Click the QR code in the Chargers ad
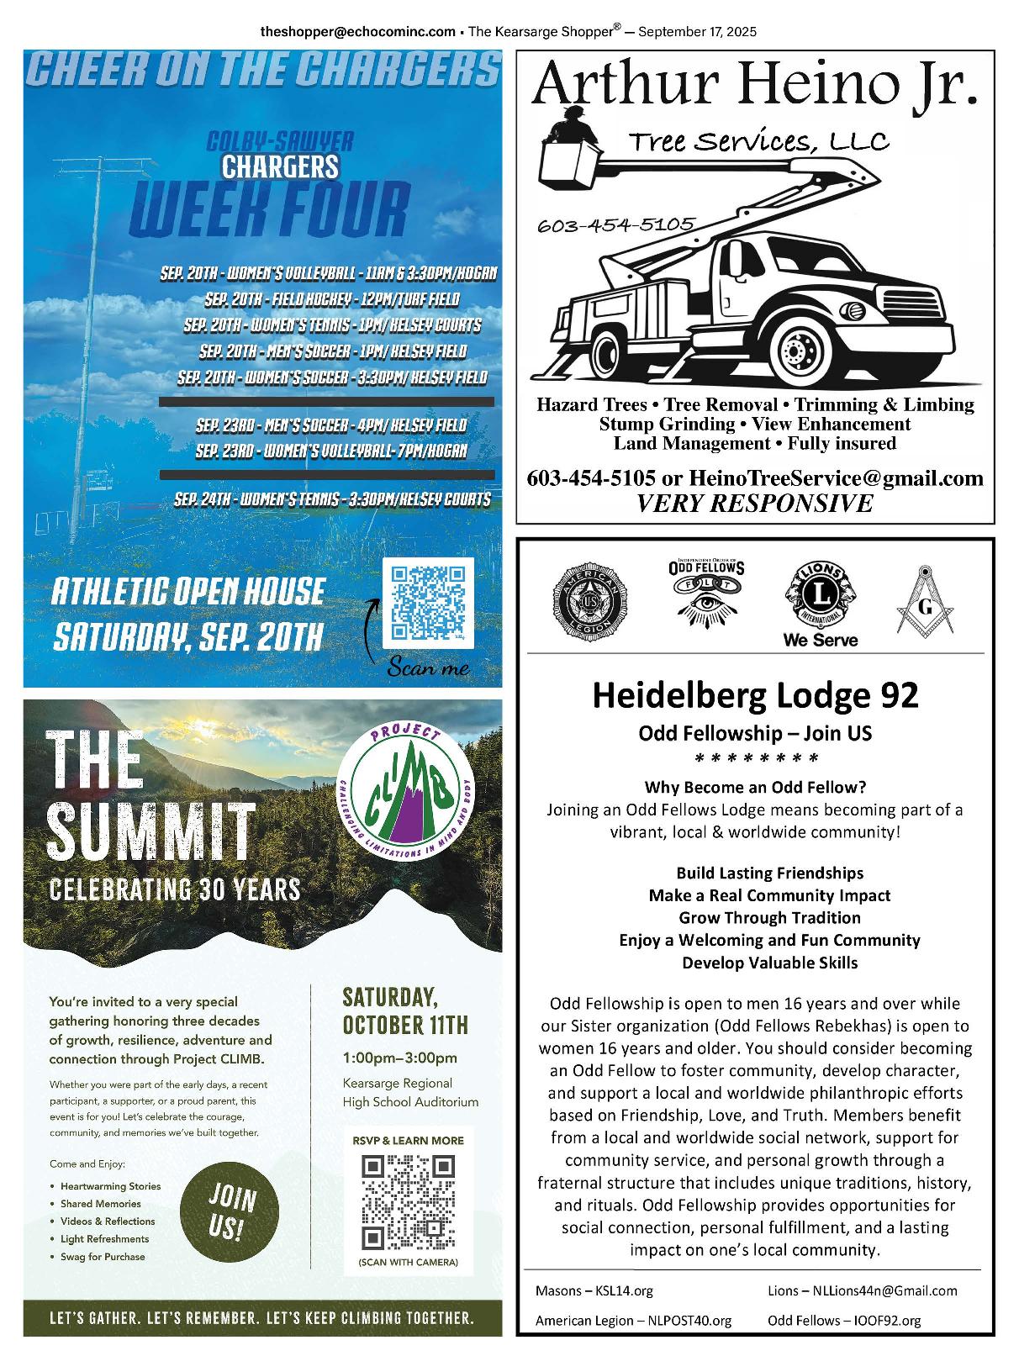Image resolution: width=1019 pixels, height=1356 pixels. coord(428,602)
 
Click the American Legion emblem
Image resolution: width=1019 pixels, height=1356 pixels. coord(589,602)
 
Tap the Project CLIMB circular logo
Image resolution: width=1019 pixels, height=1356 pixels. coord(407,793)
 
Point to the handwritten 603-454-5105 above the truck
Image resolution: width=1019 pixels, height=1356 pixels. coord(615,224)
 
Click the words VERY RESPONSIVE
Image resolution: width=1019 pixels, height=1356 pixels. coord(754,504)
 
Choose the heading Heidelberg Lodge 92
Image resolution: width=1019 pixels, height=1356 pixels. coord(755,695)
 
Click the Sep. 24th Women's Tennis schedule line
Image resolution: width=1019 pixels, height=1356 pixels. coord(332,499)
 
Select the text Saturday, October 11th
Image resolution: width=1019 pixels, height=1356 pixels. coord(404,1012)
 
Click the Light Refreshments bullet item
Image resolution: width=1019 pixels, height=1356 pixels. coord(104,1239)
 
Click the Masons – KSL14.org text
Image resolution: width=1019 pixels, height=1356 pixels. coord(594,1290)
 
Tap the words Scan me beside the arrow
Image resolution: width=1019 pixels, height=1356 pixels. coord(428,669)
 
